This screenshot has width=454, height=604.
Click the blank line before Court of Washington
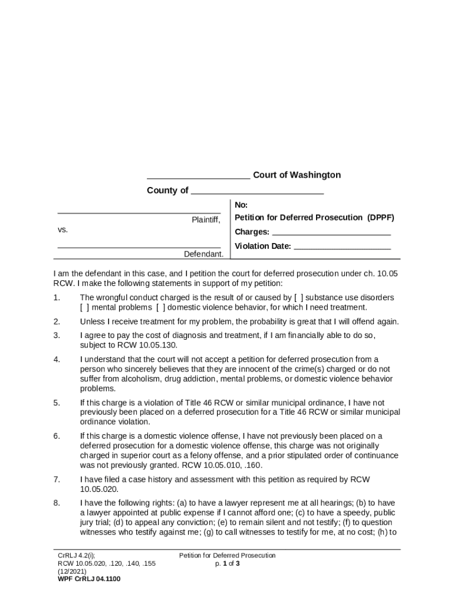tap(198, 177)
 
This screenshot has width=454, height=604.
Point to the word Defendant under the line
tap(203, 254)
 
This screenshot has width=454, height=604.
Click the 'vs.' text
tap(62, 231)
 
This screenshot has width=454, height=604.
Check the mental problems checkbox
tap(84, 307)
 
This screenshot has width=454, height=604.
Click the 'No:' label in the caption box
tap(241, 205)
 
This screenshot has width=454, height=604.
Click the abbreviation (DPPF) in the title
tap(380, 218)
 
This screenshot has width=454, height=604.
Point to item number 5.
tap(57, 403)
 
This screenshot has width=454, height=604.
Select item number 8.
tap(57, 503)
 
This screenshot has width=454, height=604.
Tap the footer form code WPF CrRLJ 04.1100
tap(89, 579)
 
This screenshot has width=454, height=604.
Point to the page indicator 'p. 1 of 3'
tap(228, 563)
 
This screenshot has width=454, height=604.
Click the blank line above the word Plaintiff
tap(139, 212)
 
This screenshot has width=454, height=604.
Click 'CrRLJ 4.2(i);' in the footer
tap(77, 556)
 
